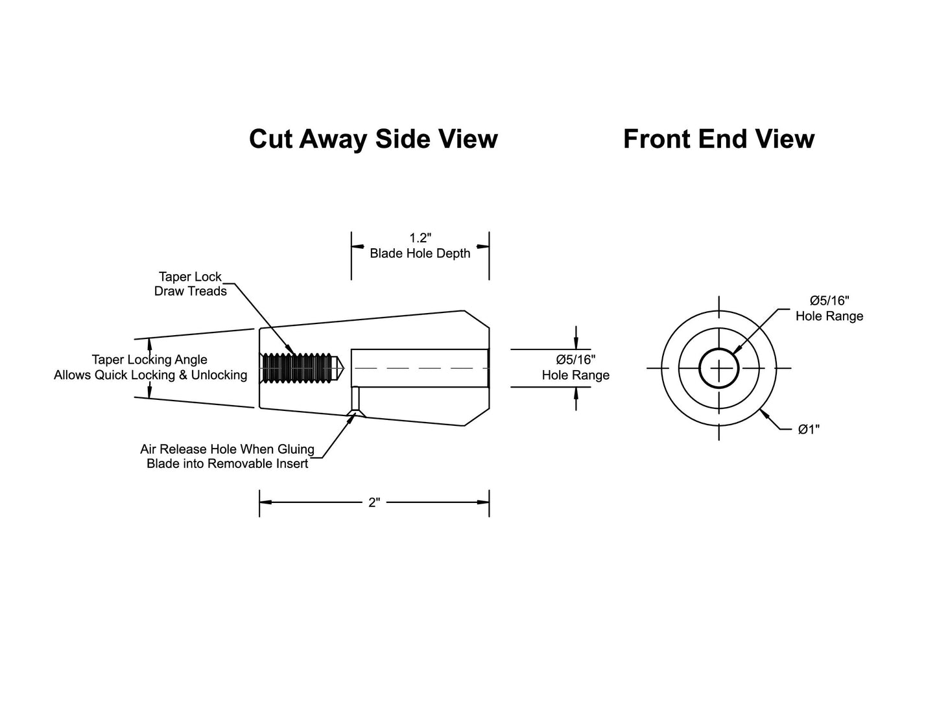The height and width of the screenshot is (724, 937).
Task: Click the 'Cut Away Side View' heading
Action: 374,139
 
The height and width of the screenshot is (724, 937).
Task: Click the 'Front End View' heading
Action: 719,139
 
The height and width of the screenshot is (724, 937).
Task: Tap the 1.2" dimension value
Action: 420,237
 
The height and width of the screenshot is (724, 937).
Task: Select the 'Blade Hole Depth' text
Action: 420,253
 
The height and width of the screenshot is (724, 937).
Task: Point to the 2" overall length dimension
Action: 374,502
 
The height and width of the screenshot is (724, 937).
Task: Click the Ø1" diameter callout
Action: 809,429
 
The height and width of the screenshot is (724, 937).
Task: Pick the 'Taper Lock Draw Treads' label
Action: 190,283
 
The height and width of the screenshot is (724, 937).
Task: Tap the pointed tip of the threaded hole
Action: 344,368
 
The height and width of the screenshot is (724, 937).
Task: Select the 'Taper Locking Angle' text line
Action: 149,360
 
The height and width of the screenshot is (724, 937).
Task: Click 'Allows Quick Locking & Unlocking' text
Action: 150,375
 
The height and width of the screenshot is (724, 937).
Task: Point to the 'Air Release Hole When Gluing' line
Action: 227,449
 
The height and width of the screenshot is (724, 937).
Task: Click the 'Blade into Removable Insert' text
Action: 227,463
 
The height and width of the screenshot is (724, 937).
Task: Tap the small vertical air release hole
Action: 356,399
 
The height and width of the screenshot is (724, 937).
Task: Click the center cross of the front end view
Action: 719,368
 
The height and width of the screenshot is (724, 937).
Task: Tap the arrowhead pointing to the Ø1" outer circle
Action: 764,415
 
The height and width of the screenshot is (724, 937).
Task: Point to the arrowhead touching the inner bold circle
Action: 735,349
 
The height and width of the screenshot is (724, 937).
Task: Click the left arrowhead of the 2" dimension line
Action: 265,502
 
